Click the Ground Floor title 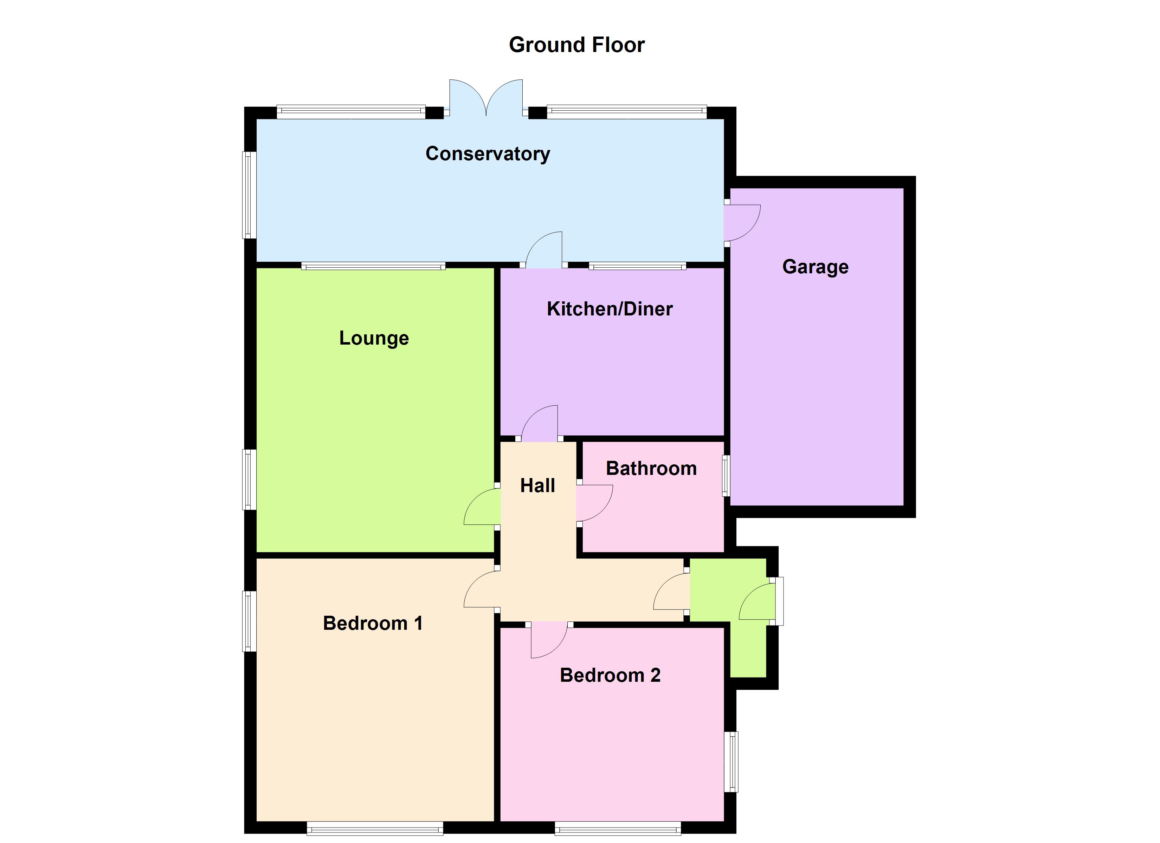(576, 45)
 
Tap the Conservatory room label (488, 153)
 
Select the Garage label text (815, 267)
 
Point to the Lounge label (374, 338)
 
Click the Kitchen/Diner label (610, 309)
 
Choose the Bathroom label (651, 468)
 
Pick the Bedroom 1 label (373, 623)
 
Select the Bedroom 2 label (610, 675)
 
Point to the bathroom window (726, 476)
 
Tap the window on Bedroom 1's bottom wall (375, 828)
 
